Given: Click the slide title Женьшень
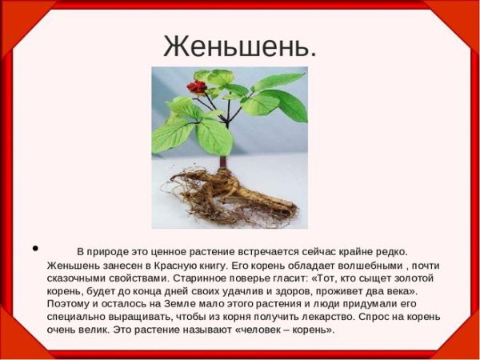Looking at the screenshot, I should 240,46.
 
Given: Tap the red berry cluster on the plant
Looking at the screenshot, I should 196,86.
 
